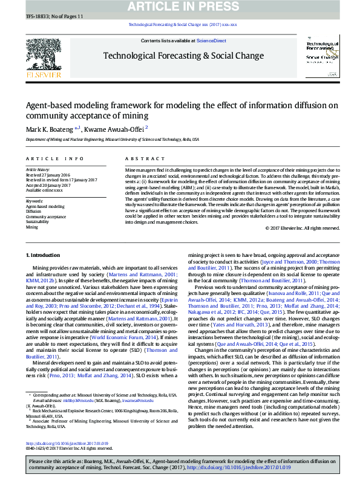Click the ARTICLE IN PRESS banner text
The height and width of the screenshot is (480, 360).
[180, 7]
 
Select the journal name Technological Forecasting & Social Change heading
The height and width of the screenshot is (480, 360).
[183, 56]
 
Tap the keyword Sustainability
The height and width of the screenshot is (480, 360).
[37, 222]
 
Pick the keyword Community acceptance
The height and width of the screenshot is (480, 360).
[46, 216]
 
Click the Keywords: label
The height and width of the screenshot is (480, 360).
[34, 201]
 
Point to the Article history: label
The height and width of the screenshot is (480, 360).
[39, 169]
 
